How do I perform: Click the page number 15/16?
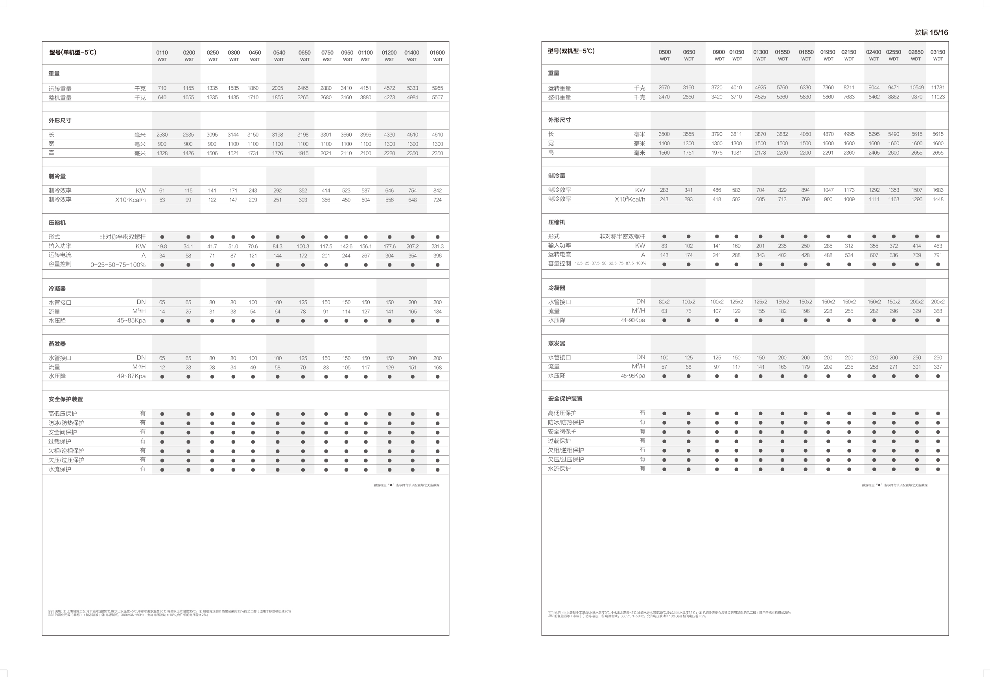[938, 32]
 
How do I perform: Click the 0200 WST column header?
[189, 55]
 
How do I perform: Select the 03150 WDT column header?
[938, 55]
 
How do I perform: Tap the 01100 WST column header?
[365, 55]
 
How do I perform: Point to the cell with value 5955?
[437, 88]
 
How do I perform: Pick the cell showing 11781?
[938, 88]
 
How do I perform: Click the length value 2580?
[162, 135]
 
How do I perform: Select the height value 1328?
[162, 154]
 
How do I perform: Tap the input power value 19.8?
[162, 246]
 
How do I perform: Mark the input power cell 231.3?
[437, 246]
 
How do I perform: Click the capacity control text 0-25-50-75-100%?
[118, 265]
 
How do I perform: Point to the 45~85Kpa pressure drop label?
[131, 321]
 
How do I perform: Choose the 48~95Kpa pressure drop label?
[632, 376]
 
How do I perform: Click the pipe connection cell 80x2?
[664, 302]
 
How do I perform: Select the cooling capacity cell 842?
[437, 191]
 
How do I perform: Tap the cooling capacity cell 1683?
[938, 190]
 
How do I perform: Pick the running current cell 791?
[938, 255]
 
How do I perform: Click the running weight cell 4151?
[365, 88]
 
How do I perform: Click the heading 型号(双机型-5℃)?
[571, 51]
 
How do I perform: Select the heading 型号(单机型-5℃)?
[72, 52]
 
